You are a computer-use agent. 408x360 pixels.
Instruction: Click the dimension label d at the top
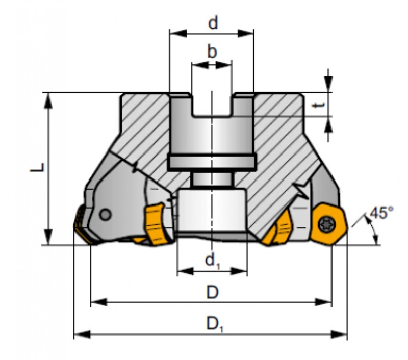[213, 23]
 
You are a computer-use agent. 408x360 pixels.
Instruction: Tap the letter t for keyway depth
[319, 105]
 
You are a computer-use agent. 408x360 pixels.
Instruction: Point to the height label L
[37, 167]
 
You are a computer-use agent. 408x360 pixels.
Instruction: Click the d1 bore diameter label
[213, 261]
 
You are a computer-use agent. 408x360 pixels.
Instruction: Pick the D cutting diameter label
[212, 292]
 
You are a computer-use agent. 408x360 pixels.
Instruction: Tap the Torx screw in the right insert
[325, 223]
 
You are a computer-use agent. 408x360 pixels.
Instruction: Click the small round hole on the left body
[106, 215]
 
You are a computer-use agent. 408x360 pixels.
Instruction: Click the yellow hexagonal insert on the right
[328, 223]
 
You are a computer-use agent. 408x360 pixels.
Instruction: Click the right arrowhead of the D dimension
[323, 302]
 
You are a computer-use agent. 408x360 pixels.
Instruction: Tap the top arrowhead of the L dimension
[48, 100]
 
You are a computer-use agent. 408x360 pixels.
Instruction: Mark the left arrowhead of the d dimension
[178, 33]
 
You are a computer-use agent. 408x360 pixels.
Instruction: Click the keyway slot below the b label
[212, 105]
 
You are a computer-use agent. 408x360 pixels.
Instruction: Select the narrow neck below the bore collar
[212, 179]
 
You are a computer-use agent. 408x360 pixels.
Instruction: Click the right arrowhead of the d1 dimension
[239, 272]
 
